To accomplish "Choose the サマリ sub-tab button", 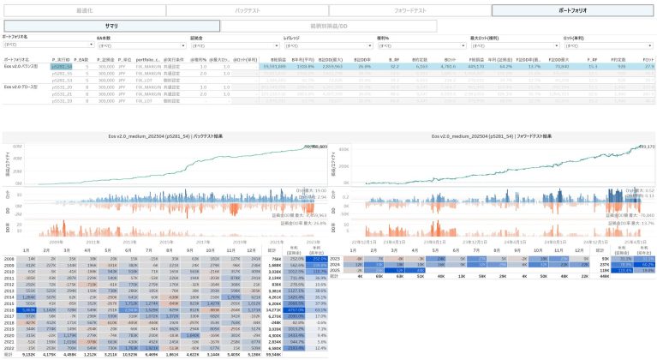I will tap(110, 27).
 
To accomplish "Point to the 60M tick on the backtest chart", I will tap(17, 147).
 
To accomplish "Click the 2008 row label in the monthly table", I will tap(9, 257).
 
